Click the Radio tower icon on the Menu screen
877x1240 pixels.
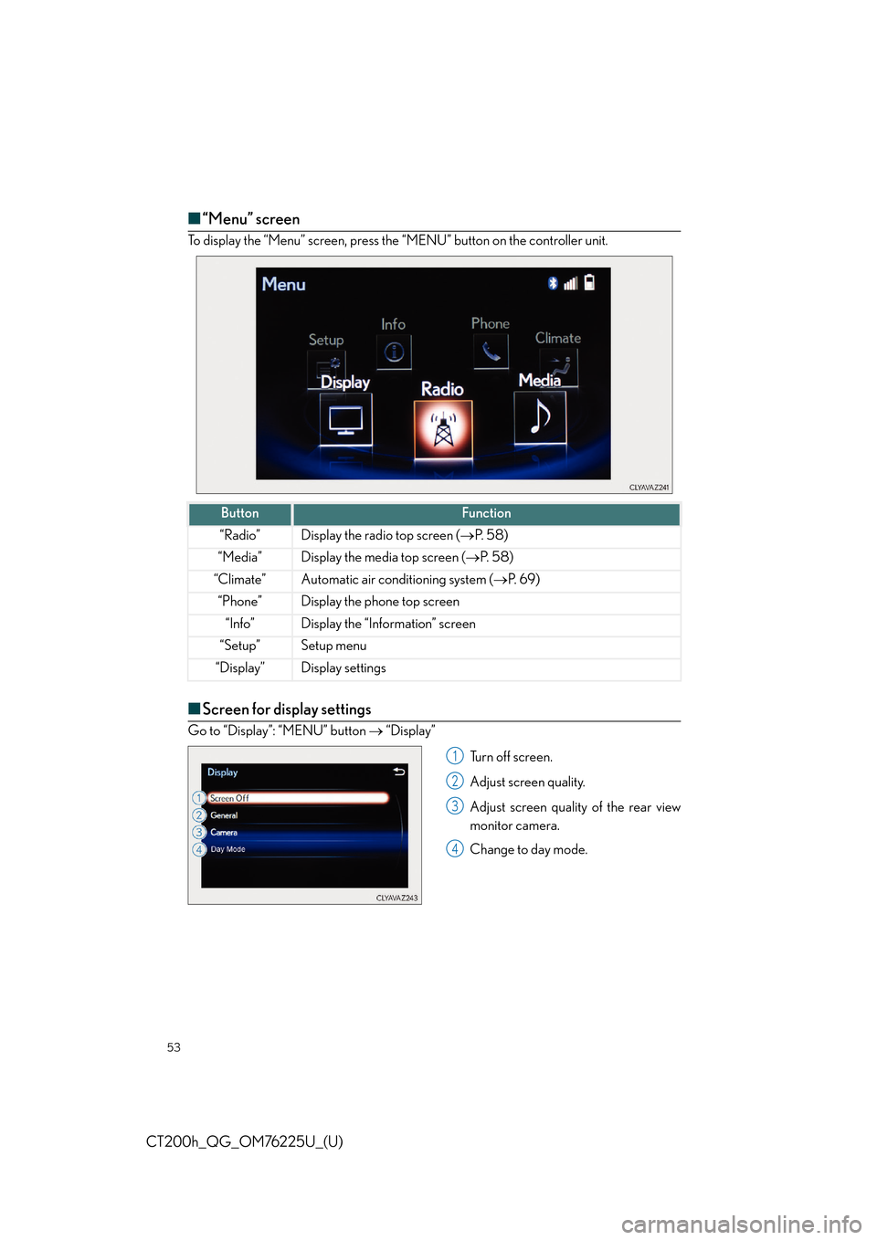coord(443,429)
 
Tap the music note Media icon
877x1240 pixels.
coord(540,417)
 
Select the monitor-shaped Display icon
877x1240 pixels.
coord(346,420)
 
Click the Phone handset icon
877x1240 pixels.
coord(491,351)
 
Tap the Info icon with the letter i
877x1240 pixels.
coord(394,352)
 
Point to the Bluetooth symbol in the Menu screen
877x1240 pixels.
coord(553,283)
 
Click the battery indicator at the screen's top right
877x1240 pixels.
coord(590,282)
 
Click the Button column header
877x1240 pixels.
coord(239,513)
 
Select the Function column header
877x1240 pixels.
coord(486,513)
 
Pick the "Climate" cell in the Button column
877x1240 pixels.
coord(239,580)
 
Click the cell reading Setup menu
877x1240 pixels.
coord(333,646)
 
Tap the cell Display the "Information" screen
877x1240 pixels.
coord(388,624)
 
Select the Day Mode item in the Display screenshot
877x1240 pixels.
coord(228,849)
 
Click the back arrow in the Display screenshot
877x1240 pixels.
coord(399,772)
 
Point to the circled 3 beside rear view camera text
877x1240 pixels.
coord(455,806)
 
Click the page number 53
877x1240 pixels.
coord(174,1047)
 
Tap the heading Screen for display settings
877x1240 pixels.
coord(286,709)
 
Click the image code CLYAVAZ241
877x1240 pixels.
coord(649,488)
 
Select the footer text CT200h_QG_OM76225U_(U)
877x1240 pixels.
coord(245,1141)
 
